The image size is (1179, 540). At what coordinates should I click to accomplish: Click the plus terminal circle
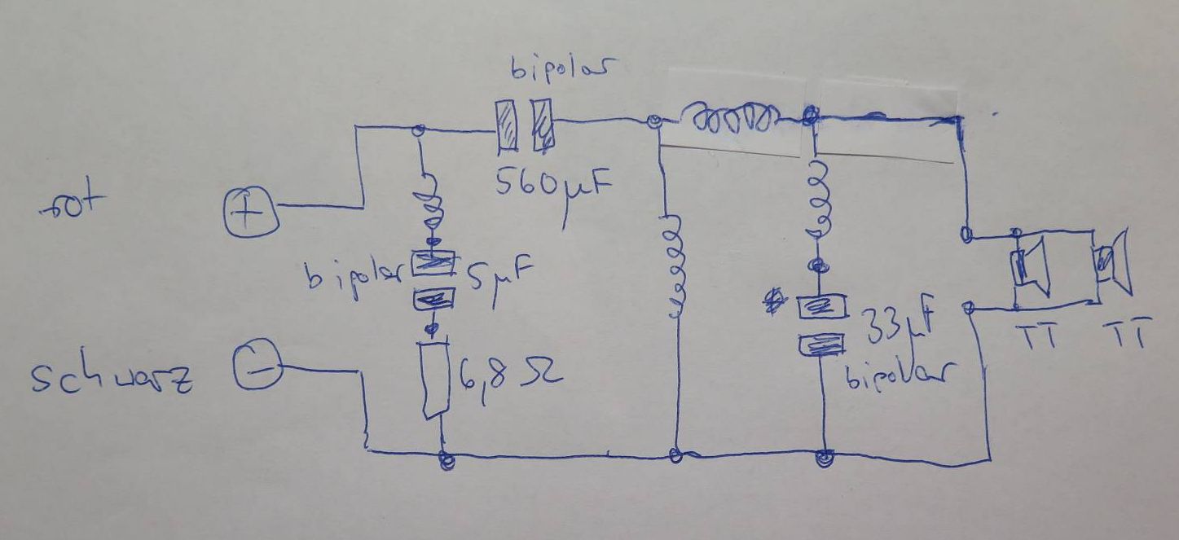click(251, 212)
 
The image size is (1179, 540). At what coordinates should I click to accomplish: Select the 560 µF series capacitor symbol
click(524, 125)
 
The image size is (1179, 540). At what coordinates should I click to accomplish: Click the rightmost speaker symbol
click(1114, 262)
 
